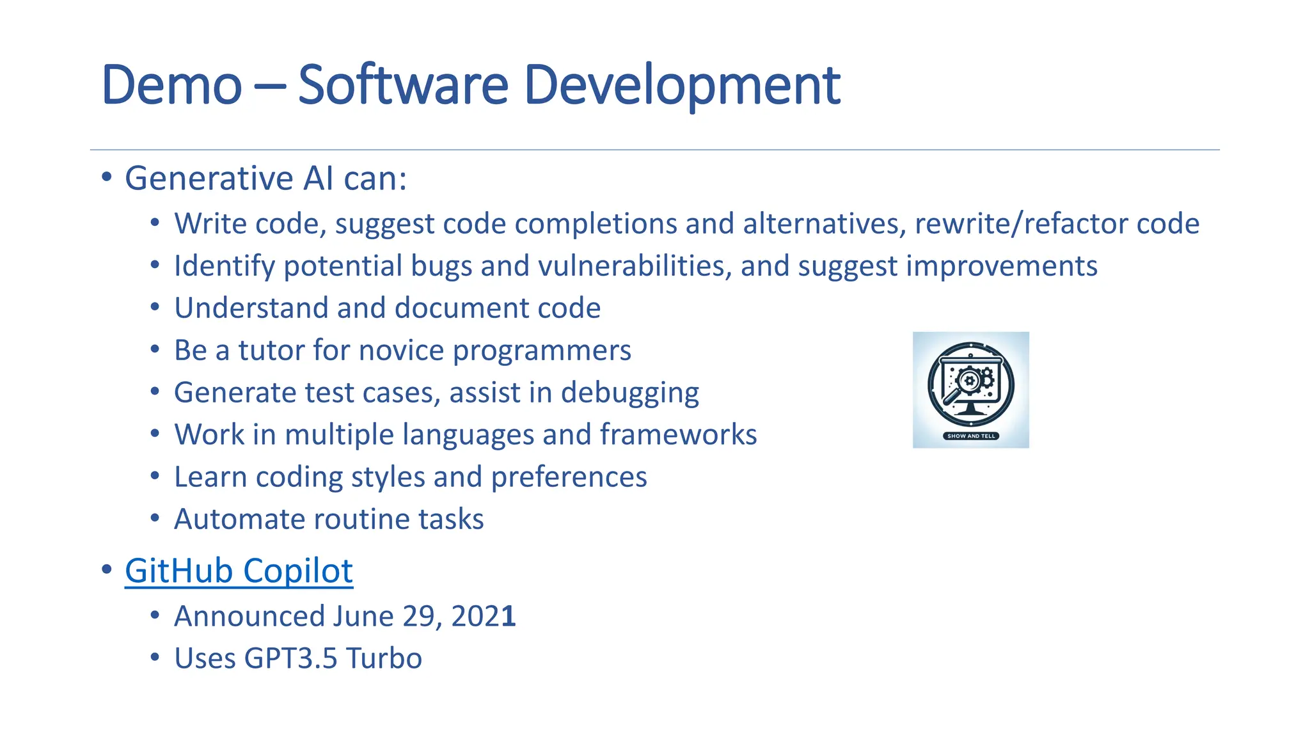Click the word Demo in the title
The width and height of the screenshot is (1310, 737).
tap(171, 85)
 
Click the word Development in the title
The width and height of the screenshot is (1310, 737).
tap(681, 85)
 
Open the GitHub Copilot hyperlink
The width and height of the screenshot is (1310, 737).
tap(239, 571)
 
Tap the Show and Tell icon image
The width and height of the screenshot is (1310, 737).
tap(970, 390)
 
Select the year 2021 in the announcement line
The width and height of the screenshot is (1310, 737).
tap(483, 616)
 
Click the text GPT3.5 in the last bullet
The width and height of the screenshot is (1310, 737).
tap(290, 658)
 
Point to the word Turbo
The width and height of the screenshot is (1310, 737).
tap(384, 658)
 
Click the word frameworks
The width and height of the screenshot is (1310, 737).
tap(678, 435)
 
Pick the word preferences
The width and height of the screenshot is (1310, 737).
tap(569, 477)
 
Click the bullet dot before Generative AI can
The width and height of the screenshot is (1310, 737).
tap(107, 177)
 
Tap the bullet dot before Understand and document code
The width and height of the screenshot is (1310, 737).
tap(155, 308)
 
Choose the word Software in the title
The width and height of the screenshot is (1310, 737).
tap(403, 85)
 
